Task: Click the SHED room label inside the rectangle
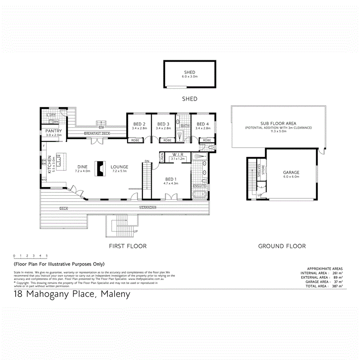190,72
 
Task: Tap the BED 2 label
139,124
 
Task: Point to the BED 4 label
203,124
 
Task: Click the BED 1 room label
171,179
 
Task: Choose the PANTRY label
53,131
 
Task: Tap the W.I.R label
178,154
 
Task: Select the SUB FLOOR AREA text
279,124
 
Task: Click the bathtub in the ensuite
200,195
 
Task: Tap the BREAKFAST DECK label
96,133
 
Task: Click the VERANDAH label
147,208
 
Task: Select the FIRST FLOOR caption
128,246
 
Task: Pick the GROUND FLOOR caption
282,246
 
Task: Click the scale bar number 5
47,255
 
